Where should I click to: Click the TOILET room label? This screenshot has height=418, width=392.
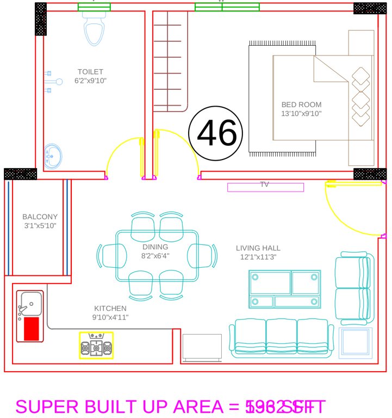(x=90, y=72)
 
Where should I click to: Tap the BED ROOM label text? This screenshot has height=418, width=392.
(x=301, y=104)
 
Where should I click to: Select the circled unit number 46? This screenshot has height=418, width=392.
(x=216, y=133)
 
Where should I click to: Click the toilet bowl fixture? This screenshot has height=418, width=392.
(x=95, y=29)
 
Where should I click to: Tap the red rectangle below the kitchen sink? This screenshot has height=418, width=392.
(x=32, y=329)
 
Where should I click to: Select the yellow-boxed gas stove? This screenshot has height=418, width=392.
(x=96, y=345)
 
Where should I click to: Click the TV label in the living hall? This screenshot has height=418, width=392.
(x=265, y=185)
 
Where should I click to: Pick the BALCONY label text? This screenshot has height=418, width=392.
(x=40, y=217)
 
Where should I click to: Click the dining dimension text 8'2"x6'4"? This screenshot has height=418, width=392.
(x=155, y=256)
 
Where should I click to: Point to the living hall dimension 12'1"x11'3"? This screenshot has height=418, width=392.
(x=258, y=257)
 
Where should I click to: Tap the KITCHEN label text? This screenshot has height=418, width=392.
(x=110, y=309)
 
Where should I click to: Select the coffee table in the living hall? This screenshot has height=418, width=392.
(x=284, y=290)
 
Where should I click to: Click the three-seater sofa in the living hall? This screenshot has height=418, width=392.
(x=281, y=336)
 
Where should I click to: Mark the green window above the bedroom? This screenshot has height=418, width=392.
(x=227, y=7)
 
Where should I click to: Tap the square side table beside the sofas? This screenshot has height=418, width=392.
(x=356, y=342)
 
